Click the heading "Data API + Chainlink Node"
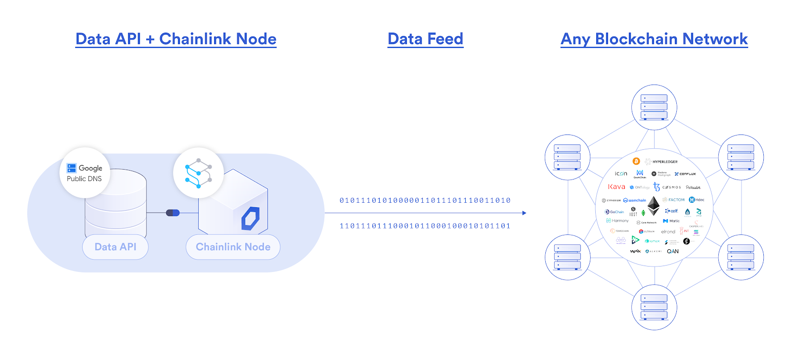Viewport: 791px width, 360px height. click(x=176, y=39)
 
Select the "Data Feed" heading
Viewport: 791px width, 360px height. click(x=425, y=39)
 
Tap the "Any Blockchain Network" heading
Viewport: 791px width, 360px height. click(x=654, y=39)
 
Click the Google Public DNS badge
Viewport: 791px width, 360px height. click(x=85, y=173)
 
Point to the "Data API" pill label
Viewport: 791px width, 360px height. click(x=115, y=247)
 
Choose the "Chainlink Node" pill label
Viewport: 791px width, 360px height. click(x=233, y=247)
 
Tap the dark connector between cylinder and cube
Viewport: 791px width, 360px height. click(x=173, y=213)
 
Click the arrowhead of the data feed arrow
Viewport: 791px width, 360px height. click(x=524, y=213)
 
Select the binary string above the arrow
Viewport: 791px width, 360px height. click(x=425, y=200)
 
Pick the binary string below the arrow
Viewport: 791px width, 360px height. click(x=425, y=226)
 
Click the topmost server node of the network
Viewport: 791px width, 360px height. click(x=654, y=107)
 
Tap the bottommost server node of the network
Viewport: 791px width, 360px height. click(x=654, y=307)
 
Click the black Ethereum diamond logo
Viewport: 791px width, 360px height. click(x=654, y=205)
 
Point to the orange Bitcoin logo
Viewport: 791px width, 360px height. click(x=636, y=161)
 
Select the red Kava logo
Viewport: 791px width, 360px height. click(x=616, y=187)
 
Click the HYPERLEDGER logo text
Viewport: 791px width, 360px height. click(x=664, y=162)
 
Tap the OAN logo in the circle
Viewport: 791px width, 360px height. click(x=673, y=251)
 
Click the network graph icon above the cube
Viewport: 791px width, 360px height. click(x=198, y=173)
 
